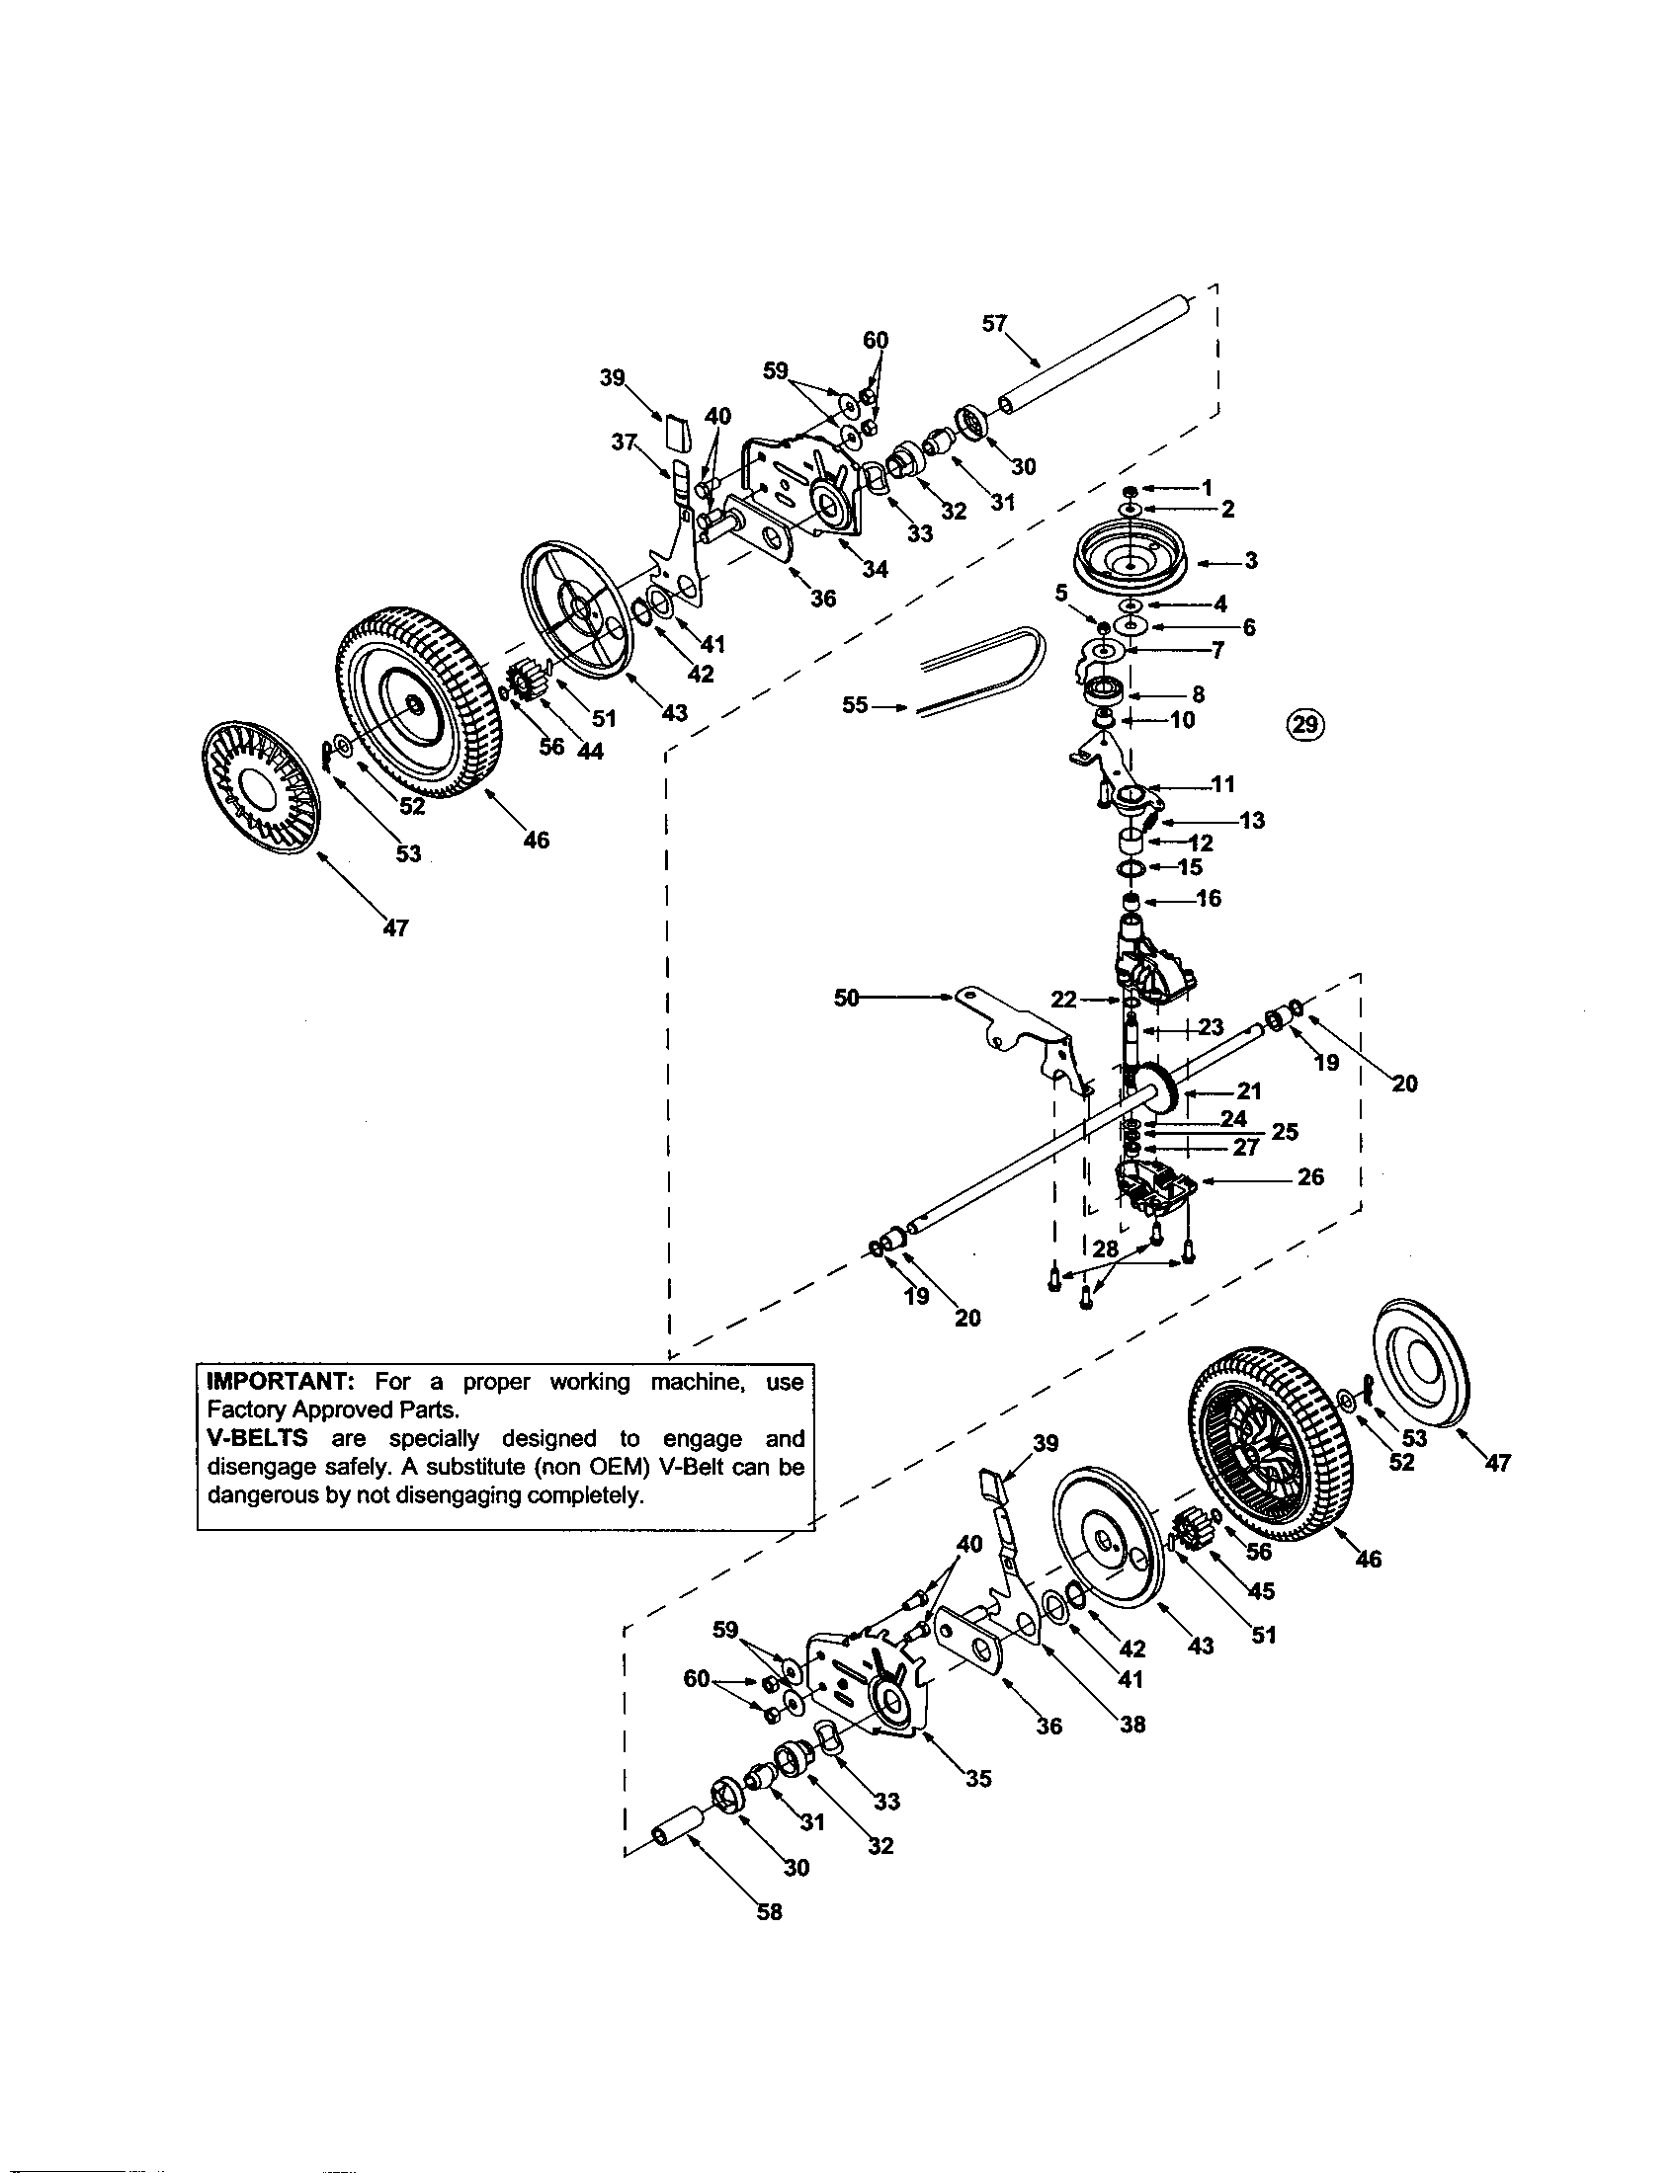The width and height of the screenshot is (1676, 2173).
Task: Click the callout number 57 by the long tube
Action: coord(994,322)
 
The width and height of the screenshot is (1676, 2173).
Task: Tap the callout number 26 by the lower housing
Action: coord(1310,1177)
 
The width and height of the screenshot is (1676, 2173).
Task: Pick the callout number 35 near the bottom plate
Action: coord(978,1779)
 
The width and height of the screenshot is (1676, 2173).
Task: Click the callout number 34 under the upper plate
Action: coord(875,569)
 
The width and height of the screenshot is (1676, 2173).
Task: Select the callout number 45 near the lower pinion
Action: coord(1260,1591)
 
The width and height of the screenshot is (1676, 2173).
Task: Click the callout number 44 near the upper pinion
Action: coord(590,753)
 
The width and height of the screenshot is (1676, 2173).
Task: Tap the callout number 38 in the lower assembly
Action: coord(1132,1725)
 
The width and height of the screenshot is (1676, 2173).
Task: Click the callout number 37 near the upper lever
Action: coord(624,443)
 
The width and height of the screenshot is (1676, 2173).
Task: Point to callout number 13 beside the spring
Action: coord(1251,820)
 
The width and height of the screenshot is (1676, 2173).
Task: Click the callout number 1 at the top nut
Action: coord(1207,488)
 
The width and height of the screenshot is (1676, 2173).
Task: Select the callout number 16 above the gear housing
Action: coord(1209,899)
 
